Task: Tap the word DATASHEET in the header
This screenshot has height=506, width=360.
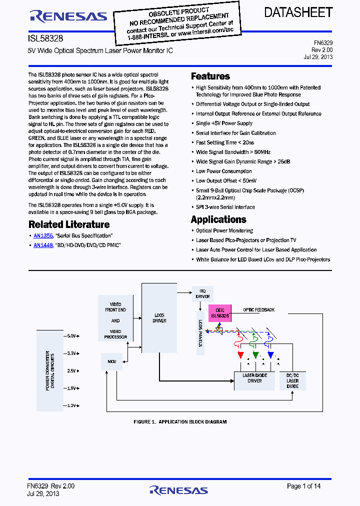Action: pos(298,12)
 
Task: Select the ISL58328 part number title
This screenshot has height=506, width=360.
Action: pos(45,38)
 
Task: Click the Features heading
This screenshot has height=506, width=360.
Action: pos(210,76)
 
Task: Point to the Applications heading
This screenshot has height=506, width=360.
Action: pos(218,219)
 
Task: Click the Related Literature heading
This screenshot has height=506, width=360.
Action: pos(69,224)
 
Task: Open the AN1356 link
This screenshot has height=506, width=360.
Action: pos(43,235)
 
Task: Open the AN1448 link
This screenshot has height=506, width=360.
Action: pos(43,245)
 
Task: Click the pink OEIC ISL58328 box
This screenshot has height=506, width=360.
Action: pos(219,313)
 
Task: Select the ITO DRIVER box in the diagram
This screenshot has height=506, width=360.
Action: pos(202,293)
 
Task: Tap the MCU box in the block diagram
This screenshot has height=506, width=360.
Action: pos(111,360)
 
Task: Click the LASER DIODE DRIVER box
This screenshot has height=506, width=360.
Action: pos(254,380)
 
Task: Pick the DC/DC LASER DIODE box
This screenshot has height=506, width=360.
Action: pos(292,380)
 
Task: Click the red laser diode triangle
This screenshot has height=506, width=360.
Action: pos(240,355)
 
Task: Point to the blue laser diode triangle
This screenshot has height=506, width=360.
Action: pos(270,355)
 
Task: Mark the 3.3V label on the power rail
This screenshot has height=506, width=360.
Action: pos(71,353)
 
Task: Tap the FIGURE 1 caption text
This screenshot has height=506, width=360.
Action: pos(180,422)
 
